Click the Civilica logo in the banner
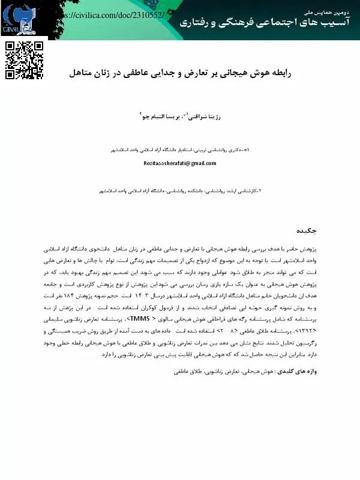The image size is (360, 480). pyautogui.click(x=18, y=19)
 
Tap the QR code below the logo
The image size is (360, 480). pyautogui.click(x=25, y=60)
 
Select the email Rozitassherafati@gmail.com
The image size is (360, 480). pyautogui.click(x=180, y=163)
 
